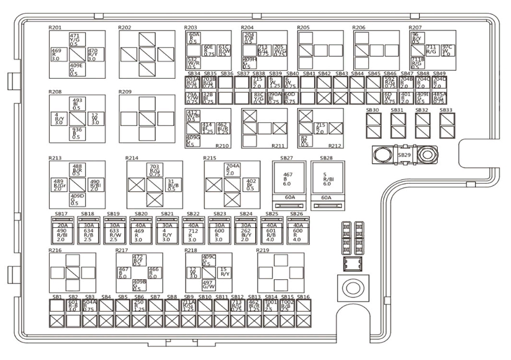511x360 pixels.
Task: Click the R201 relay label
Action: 55,28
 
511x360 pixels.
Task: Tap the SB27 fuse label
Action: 287,158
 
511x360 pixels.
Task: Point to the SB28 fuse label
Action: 326,158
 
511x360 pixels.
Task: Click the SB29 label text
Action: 404,154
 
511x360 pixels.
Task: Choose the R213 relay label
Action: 55,158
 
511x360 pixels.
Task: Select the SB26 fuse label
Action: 297,214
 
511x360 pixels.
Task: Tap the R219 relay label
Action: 263,250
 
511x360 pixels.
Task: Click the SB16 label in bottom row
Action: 303,297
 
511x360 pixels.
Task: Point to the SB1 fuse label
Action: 57,297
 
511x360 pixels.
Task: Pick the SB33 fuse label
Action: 446,110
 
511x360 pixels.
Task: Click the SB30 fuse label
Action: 373,110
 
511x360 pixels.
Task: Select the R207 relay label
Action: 415,28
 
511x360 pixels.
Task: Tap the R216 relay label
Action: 55,250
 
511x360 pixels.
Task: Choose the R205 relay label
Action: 304,28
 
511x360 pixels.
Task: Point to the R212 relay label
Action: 335,146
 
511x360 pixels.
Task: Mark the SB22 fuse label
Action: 193,214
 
